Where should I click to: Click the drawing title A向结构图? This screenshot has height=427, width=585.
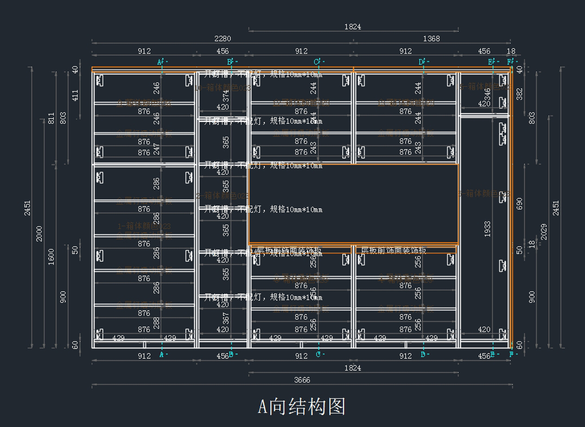[x=301, y=406]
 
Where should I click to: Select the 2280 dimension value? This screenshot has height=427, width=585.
[x=223, y=39]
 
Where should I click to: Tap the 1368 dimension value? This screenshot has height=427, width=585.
[x=431, y=39]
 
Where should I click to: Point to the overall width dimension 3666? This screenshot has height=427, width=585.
[x=302, y=380]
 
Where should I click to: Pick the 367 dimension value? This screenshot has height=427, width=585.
[x=226, y=319]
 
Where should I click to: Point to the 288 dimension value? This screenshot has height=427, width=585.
[x=156, y=323]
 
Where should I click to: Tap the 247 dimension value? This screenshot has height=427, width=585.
[x=156, y=149]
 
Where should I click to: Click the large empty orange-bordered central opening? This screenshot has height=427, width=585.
[x=353, y=203]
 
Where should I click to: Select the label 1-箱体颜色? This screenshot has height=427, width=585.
[x=144, y=226]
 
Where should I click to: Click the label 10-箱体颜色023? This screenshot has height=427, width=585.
[x=222, y=88]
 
